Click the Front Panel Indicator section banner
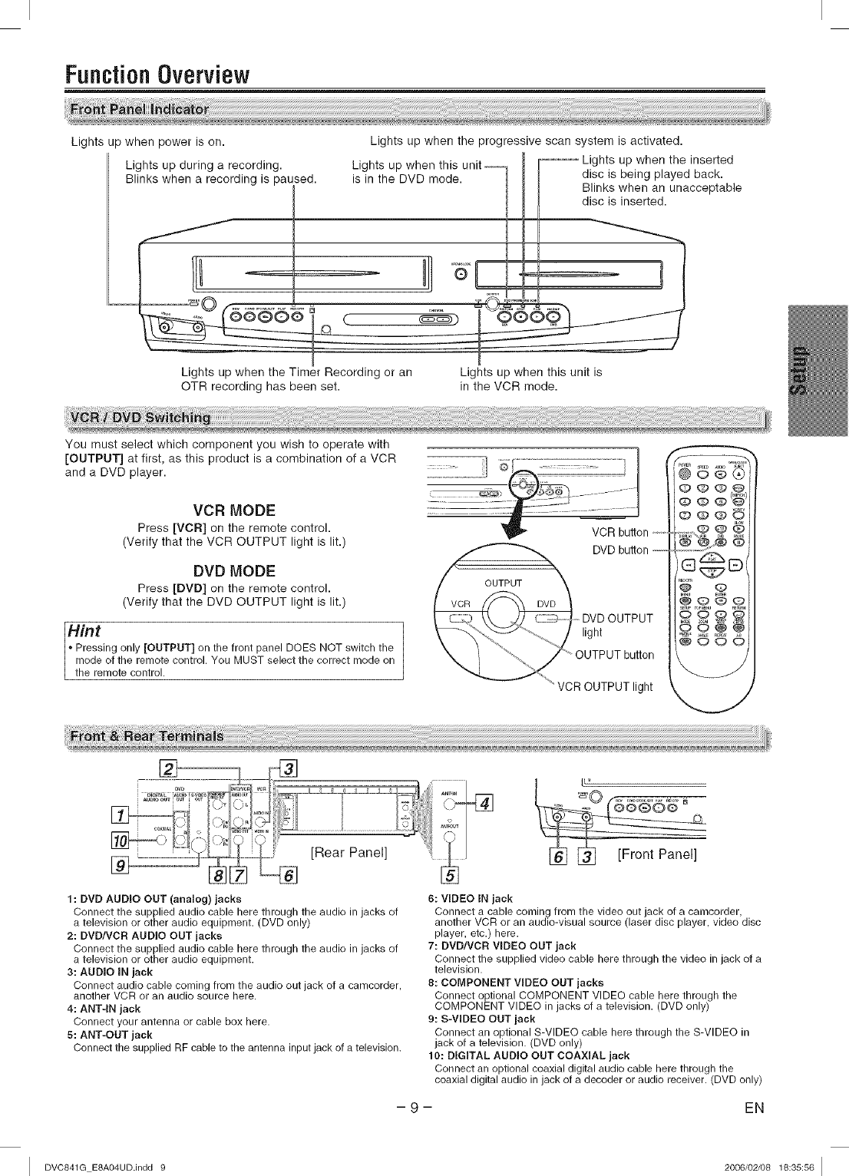coord(140,109)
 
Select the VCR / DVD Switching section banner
coord(140,418)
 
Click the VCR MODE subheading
coord(234,510)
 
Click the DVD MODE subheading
coord(234,571)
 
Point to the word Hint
coord(86,631)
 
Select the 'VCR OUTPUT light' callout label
coord(605,687)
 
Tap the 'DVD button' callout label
coord(620,550)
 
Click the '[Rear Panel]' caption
coord(349,852)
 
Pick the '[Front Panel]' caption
coord(657,855)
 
